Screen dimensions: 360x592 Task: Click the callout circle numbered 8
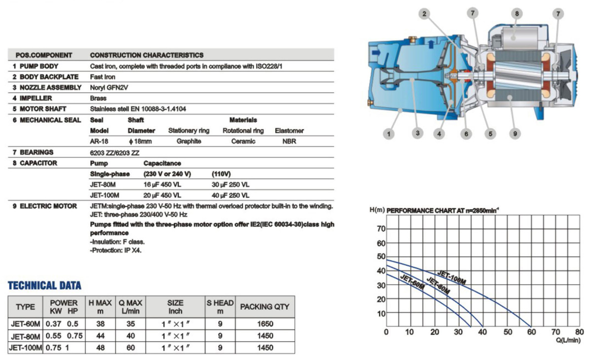pyautogui.click(x=517, y=14)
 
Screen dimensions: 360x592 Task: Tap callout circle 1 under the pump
pyautogui.click(x=390, y=133)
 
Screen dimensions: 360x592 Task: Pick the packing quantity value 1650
pyautogui.click(x=265, y=324)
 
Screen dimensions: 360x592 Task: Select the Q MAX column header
pyautogui.click(x=130, y=307)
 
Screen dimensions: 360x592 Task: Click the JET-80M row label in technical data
pyautogui.click(x=26, y=336)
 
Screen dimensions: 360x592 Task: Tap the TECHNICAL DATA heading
pyautogui.click(x=44, y=286)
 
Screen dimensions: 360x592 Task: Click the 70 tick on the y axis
pyautogui.click(x=381, y=229)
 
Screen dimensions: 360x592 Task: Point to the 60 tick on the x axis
pyautogui.click(x=531, y=332)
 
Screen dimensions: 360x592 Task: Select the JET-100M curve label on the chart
pyautogui.click(x=451, y=277)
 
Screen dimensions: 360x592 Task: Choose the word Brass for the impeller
pyautogui.click(x=99, y=98)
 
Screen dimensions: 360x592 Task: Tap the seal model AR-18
pyautogui.click(x=99, y=142)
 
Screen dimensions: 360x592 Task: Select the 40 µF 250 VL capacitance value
pyautogui.click(x=230, y=195)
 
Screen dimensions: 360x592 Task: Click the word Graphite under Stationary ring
pyautogui.click(x=189, y=142)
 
